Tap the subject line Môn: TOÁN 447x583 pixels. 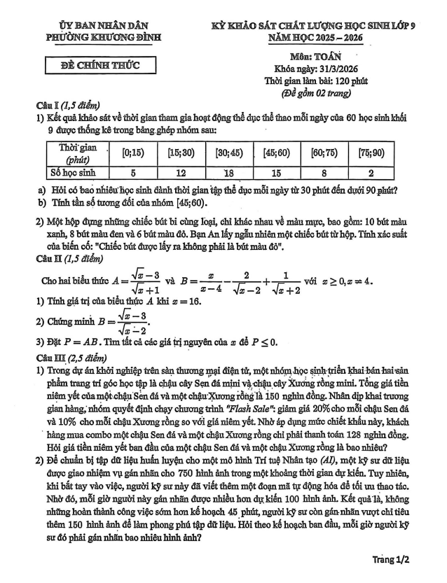click(x=315, y=55)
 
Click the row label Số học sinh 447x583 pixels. click(x=74, y=172)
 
